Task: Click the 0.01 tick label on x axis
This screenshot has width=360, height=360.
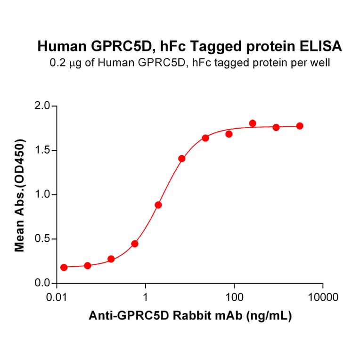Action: pyautogui.click(x=57, y=298)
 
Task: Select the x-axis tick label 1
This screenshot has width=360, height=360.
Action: pyautogui.click(x=146, y=298)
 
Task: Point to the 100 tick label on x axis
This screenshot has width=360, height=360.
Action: pyautogui.click(x=234, y=298)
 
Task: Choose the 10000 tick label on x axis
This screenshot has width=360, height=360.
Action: pyautogui.click(x=323, y=298)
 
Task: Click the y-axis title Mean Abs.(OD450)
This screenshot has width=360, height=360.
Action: pyautogui.click(x=20, y=195)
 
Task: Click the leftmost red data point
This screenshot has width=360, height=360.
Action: pyautogui.click(x=64, y=267)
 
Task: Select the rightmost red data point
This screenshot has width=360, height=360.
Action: pyautogui.click(x=300, y=126)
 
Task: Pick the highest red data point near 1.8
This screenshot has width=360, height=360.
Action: pyautogui.click(x=253, y=123)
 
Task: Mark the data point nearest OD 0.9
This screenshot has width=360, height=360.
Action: pyautogui.click(x=158, y=205)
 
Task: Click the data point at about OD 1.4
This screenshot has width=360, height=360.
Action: pyautogui.click(x=182, y=158)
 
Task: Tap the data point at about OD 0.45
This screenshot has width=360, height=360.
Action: pyautogui.click(x=135, y=244)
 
